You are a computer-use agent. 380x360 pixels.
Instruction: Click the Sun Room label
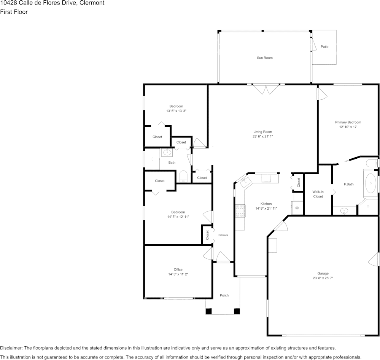coord(265,58)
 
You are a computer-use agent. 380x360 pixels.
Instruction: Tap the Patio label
coord(324,46)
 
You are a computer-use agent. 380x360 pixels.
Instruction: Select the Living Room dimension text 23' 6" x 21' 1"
coord(263,136)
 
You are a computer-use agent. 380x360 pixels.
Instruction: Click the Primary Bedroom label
coord(348,122)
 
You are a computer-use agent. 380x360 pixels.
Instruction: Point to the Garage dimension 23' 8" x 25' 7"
coord(323,278)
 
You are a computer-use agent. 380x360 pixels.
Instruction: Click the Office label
coord(178,269)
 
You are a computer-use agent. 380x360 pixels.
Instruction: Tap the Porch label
coord(224,295)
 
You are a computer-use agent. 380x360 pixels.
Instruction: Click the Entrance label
coord(223,235)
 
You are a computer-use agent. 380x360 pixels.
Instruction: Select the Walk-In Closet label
coord(318,194)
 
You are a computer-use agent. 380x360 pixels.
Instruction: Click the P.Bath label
coord(349,184)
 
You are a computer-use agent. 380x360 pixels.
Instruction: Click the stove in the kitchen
coord(240,211)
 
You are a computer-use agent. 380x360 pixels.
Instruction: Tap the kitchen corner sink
coord(246,181)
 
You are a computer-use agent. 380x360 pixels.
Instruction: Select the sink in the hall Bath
coord(167,152)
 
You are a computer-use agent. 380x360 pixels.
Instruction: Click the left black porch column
coord(208,311)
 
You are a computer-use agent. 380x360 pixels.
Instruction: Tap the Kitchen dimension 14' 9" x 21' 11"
coord(266,208)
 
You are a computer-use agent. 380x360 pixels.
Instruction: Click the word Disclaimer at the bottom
coord(11,348)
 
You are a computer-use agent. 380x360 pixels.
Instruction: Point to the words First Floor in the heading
coord(14,12)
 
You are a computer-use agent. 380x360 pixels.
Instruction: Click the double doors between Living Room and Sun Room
coord(266,89)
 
